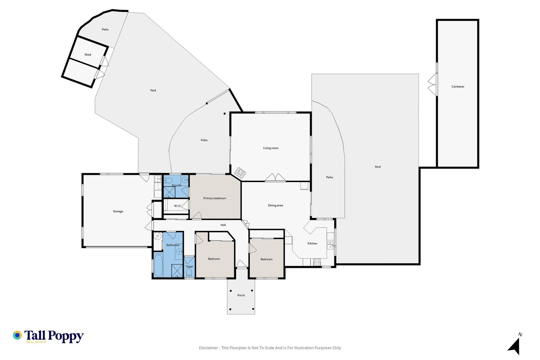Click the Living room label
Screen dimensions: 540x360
click(271, 148)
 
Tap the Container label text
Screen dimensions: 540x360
click(458, 86)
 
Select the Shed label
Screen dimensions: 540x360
click(88, 54)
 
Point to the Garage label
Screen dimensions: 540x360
click(118, 211)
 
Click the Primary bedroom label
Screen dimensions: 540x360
click(215, 198)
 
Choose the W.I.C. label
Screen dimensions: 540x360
click(177, 206)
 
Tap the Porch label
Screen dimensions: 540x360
click(241, 295)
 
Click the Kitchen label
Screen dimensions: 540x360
click(312, 243)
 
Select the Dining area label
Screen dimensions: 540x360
click(275, 206)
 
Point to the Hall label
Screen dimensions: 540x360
click(223, 225)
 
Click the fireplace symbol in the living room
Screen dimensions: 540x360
click(240, 172)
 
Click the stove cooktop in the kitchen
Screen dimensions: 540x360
click(317, 262)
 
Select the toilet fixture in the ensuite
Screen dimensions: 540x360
click(168, 180)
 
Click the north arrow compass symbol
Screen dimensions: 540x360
click(514, 346)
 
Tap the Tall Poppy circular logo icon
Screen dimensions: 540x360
click(17, 335)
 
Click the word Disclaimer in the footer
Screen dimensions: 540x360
click(208, 348)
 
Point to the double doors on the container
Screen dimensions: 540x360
click(432, 84)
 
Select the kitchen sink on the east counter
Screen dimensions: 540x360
click(330, 246)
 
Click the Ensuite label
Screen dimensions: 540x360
click(176, 185)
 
